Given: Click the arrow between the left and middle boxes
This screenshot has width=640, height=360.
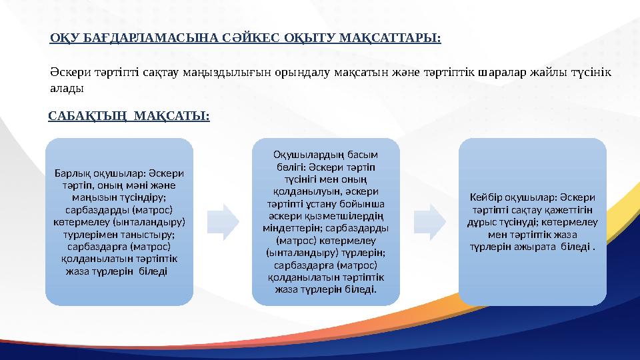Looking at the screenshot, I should click(223, 221).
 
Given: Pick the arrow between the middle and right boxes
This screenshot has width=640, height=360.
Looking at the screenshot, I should click(429, 221).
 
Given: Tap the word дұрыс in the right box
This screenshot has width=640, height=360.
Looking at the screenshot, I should click(484, 222).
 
